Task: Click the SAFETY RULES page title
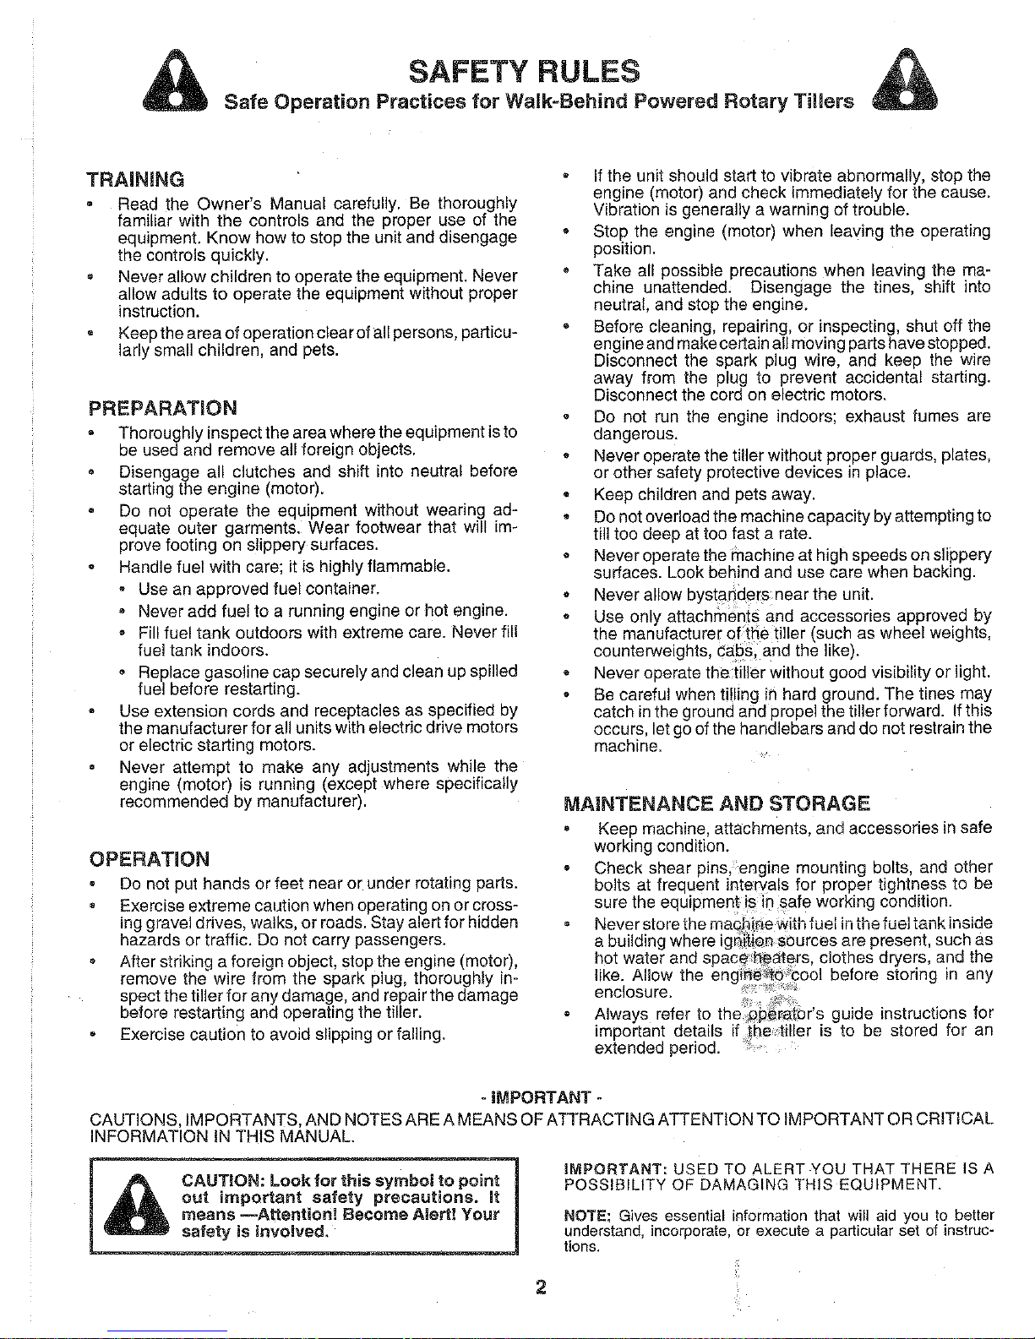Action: tap(524, 70)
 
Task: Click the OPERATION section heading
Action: tap(149, 859)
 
